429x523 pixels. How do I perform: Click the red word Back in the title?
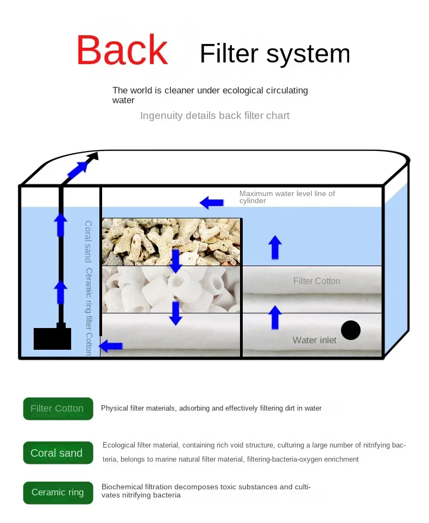[x=122, y=51]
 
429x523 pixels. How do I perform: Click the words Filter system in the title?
[x=275, y=54]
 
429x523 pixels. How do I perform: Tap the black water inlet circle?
[x=351, y=330]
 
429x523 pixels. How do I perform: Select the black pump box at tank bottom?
[x=52, y=338]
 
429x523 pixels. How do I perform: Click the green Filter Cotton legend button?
[x=58, y=408]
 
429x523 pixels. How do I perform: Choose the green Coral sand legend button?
[x=58, y=453]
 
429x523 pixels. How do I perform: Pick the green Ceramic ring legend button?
[x=58, y=493]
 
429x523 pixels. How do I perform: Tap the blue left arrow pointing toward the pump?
[x=112, y=345]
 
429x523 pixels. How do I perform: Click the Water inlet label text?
[x=314, y=341]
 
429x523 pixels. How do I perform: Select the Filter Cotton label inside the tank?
[x=317, y=281]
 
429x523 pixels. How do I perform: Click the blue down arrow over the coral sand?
[x=175, y=261]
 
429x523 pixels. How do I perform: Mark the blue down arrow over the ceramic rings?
[x=175, y=313]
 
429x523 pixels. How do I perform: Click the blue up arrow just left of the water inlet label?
[x=275, y=318]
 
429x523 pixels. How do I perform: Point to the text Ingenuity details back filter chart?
[x=214, y=116]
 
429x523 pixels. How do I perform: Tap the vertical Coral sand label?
[x=88, y=241]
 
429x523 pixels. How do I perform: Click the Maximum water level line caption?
[x=287, y=197]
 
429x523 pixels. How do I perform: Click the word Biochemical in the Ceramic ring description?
[x=122, y=487]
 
